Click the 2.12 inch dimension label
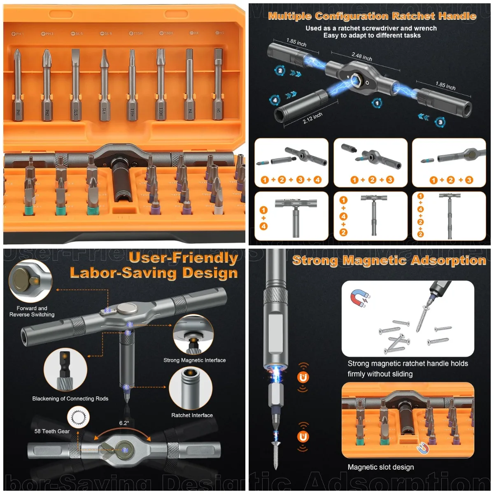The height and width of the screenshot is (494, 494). pyautogui.click(x=312, y=118)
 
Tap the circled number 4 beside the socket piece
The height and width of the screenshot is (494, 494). pyautogui.click(x=275, y=100)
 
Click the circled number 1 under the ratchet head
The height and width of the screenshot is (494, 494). pyautogui.click(x=377, y=103)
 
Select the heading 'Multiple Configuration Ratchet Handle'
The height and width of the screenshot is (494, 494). pyautogui.click(x=372, y=16)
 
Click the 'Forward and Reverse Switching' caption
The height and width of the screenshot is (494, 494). pyautogui.click(x=32, y=311)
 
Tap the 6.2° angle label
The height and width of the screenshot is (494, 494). pyautogui.click(x=124, y=423)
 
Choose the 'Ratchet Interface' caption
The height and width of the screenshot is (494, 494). pyautogui.click(x=192, y=415)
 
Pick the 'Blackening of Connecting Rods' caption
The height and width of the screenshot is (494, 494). pyautogui.click(x=70, y=398)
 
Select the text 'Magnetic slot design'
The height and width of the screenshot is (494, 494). pyautogui.click(x=380, y=467)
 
